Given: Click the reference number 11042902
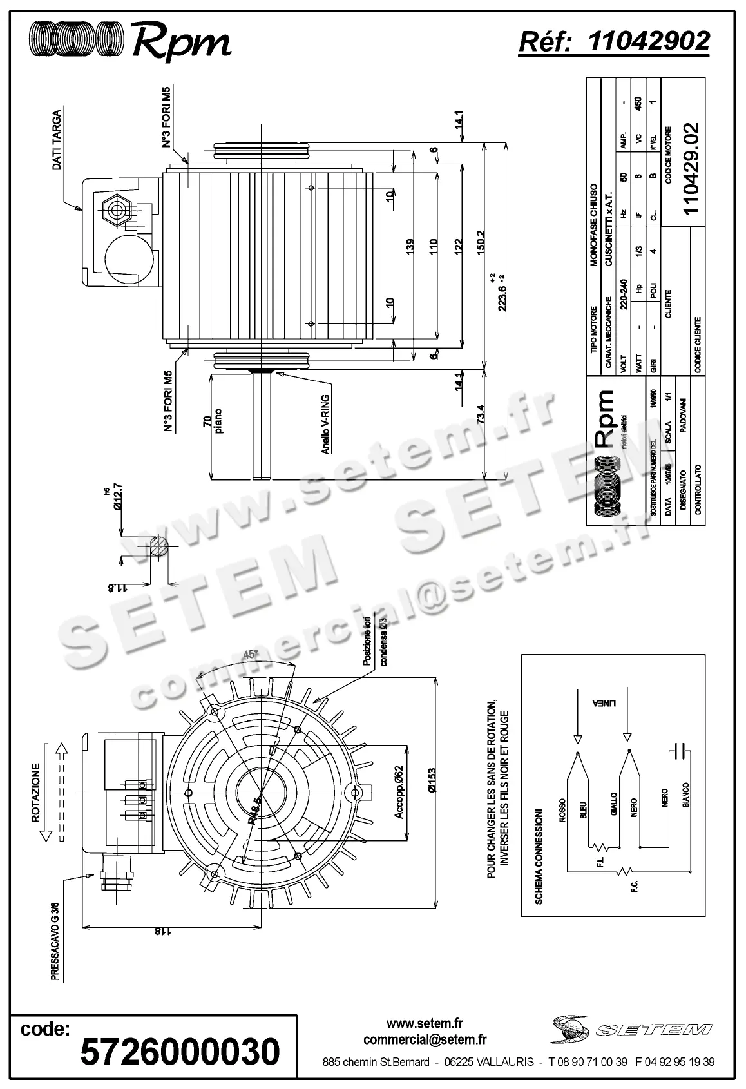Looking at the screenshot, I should pyautogui.click(x=649, y=41).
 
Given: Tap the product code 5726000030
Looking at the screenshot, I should pyautogui.click(x=180, y=1051).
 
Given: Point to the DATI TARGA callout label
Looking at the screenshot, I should pyautogui.click(x=57, y=140).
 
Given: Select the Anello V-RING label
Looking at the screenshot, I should pyautogui.click(x=326, y=425).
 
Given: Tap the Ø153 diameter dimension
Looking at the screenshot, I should pyautogui.click(x=432, y=782).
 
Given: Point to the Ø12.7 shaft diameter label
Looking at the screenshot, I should pyautogui.click(x=118, y=496).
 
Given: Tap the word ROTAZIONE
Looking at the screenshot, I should pyautogui.click(x=37, y=793).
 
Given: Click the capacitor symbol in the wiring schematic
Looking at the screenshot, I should pyautogui.click(x=680, y=751).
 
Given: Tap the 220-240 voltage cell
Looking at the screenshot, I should pyautogui.click(x=623, y=294).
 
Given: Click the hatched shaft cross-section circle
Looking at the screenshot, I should pyautogui.click(x=158, y=548).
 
